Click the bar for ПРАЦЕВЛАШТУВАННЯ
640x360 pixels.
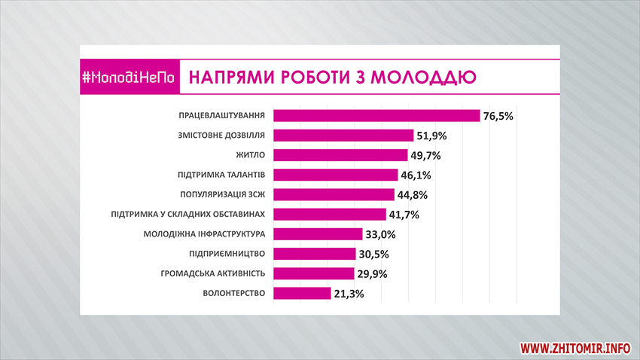click(376, 115)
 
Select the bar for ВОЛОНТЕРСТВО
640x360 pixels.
click(302, 293)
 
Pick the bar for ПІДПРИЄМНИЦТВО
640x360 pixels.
click(314, 254)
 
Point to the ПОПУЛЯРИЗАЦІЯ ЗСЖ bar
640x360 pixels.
click(334, 194)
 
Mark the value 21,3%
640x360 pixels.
click(348, 294)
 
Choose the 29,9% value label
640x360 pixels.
click(372, 273)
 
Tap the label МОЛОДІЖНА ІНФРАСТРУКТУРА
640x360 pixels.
click(204, 234)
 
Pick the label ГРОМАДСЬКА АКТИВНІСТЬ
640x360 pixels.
click(214, 273)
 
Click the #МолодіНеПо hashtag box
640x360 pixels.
click(130, 77)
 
